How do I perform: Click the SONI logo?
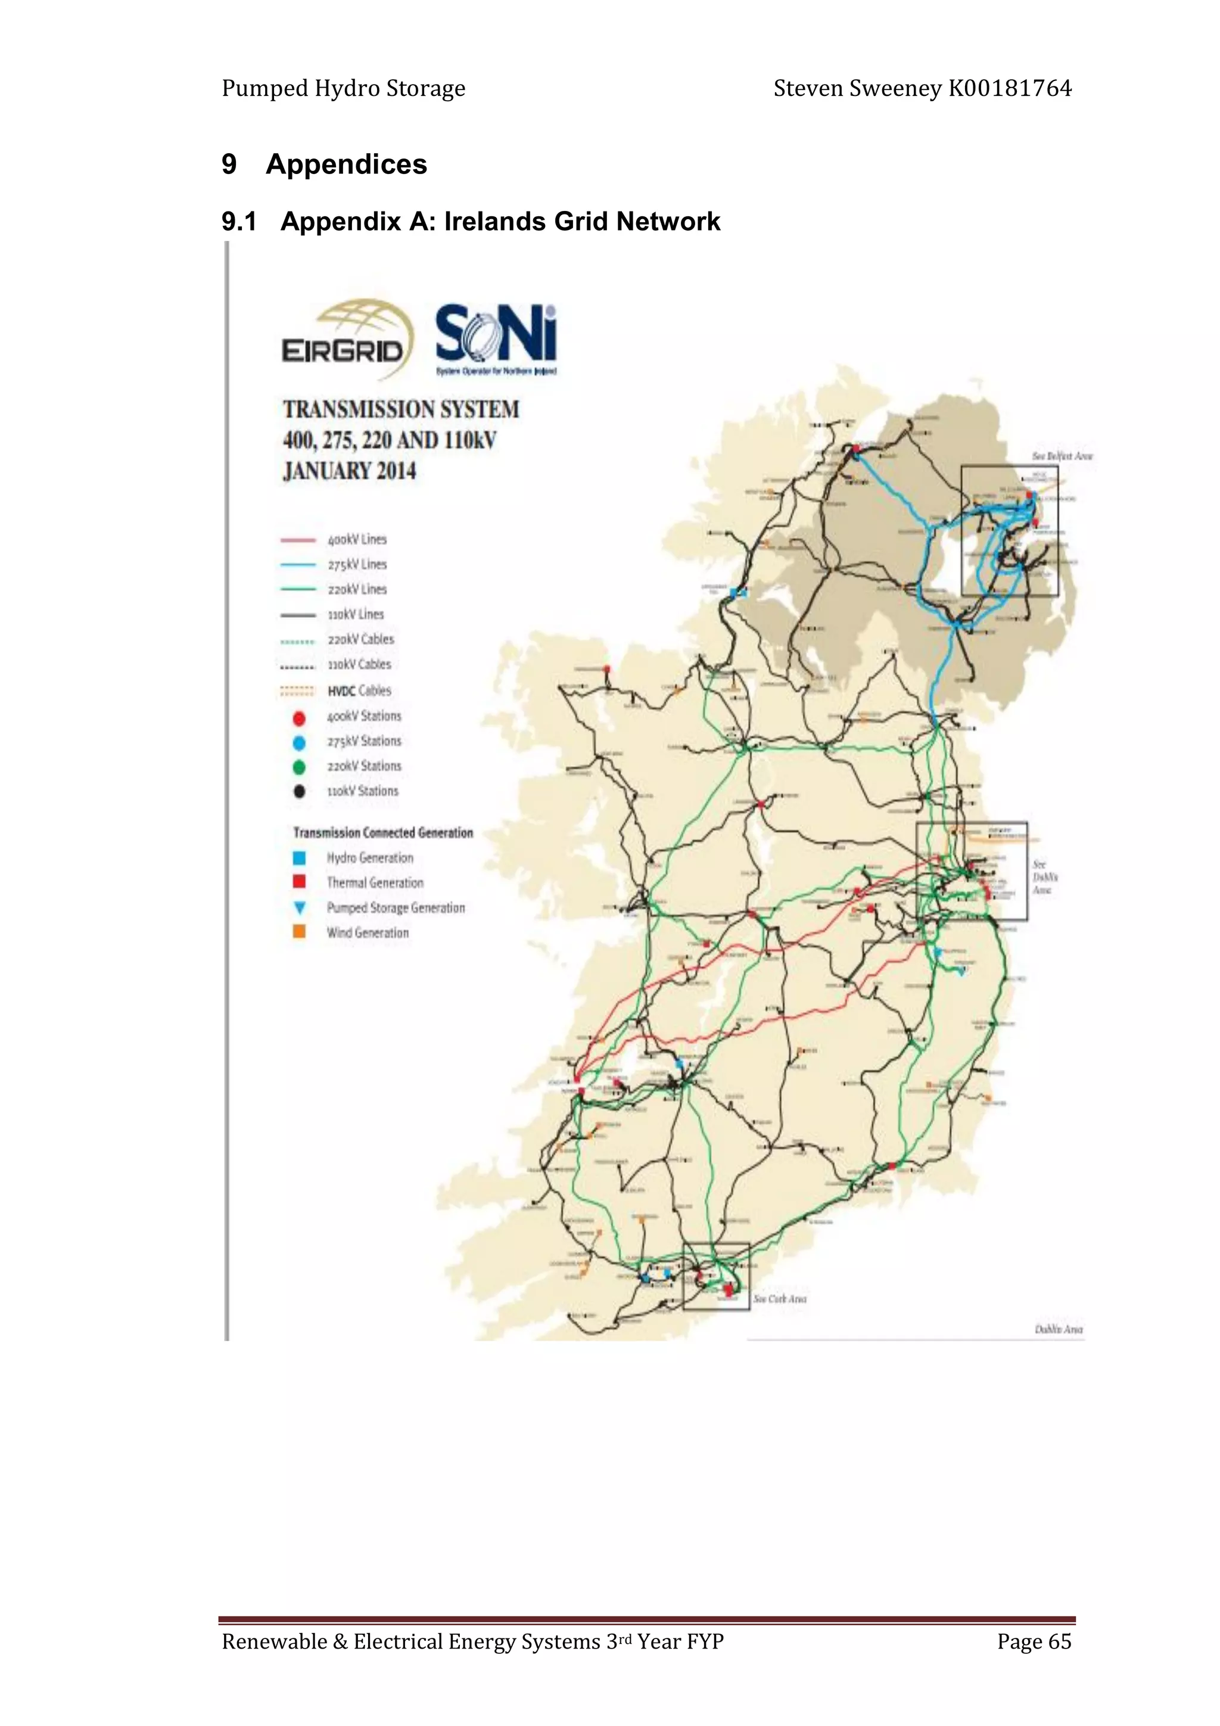tap(496, 338)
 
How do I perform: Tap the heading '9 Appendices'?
tap(324, 164)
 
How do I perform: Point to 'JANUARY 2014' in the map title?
tap(350, 471)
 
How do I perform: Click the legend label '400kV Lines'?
tap(357, 540)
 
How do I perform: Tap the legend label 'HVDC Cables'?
tap(359, 690)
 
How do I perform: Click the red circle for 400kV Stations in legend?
tap(299, 717)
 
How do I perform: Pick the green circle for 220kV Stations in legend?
tap(299, 767)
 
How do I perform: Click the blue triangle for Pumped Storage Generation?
tap(299, 907)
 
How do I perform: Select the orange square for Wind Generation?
tap(299, 932)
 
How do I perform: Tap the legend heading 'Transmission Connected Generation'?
tap(382, 832)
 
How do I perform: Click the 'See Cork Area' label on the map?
tap(780, 1298)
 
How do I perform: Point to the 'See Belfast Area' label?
tap(1062, 456)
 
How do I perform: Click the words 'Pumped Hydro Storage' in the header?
tap(344, 89)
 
